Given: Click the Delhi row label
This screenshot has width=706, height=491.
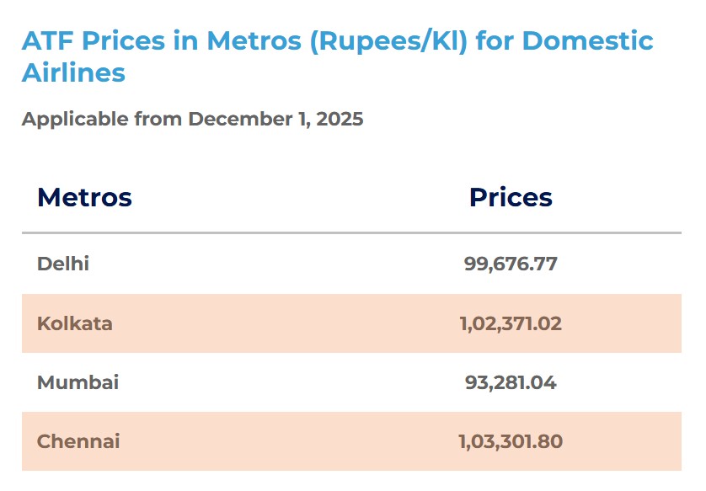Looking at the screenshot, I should click(x=63, y=264).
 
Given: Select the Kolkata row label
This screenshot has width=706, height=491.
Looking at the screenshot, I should click(x=74, y=323).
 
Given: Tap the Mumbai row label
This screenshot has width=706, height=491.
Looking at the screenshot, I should click(x=78, y=382).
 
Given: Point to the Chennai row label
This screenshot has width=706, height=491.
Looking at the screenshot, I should click(x=78, y=441).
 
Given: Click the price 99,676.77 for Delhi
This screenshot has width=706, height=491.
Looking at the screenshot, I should click(x=511, y=264).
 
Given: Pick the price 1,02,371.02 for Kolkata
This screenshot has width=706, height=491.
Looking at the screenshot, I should click(x=511, y=323).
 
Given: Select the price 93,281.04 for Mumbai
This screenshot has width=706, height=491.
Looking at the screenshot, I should click(x=511, y=382).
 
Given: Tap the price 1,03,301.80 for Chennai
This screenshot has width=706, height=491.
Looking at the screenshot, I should click(x=511, y=441).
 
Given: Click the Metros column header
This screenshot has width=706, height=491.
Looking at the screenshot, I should click(x=84, y=197).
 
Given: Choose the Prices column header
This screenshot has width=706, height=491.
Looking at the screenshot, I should click(x=511, y=197).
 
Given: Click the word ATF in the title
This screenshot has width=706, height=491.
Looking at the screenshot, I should click(x=46, y=40).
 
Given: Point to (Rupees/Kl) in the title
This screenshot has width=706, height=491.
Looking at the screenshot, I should click(x=388, y=40).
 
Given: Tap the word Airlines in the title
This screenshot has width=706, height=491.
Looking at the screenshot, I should click(x=73, y=72).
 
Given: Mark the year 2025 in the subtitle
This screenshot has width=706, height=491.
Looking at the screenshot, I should click(x=341, y=119).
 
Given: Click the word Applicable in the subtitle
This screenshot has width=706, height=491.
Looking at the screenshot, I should click(x=75, y=119).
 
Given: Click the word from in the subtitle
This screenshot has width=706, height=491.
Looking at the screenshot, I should click(x=158, y=119).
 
